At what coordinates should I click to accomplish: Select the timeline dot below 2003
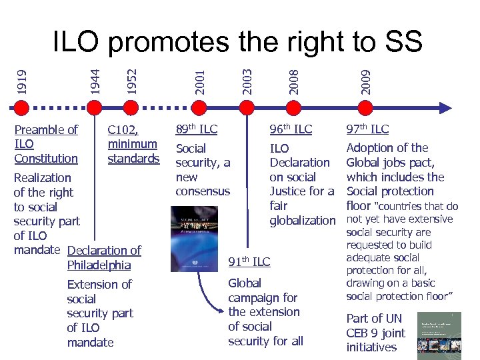point(247,106)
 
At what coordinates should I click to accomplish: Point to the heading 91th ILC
point(249,261)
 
